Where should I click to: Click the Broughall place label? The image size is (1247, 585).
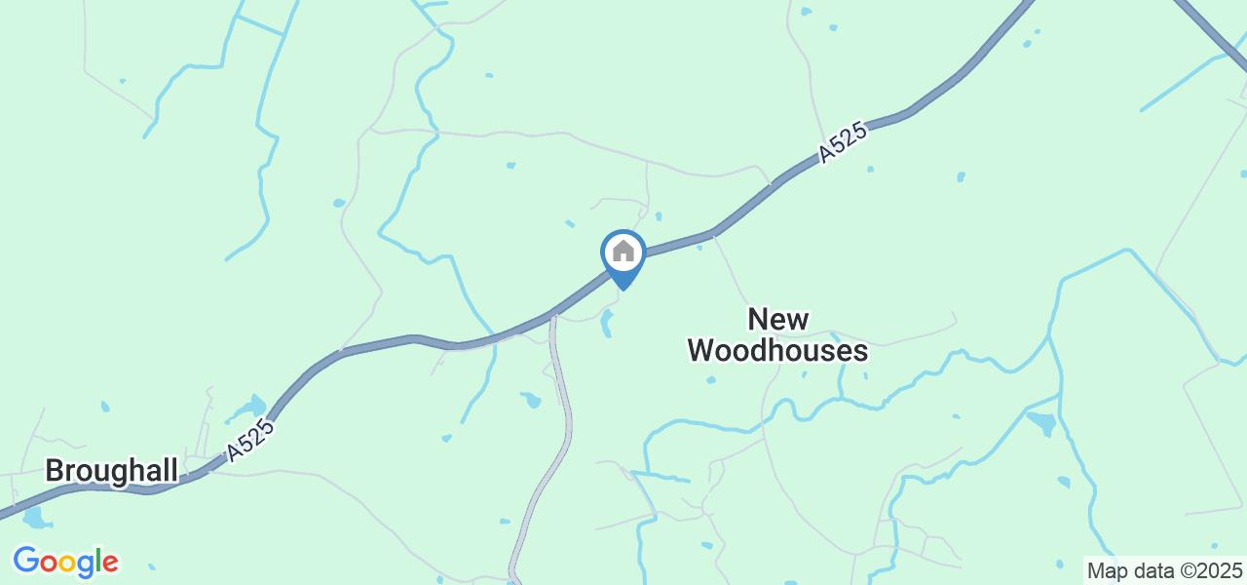[111, 472]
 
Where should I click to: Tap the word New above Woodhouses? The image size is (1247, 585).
[777, 320]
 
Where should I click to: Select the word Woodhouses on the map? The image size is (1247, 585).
[777, 351]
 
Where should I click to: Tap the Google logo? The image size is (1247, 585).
[65, 562]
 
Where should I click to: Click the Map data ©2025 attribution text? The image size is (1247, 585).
[1164, 569]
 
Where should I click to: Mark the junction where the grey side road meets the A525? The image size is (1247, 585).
[552, 316]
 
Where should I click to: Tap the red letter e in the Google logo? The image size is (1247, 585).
[110, 564]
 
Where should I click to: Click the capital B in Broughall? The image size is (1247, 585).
[55, 472]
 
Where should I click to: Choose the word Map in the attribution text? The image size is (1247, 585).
[1104, 569]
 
